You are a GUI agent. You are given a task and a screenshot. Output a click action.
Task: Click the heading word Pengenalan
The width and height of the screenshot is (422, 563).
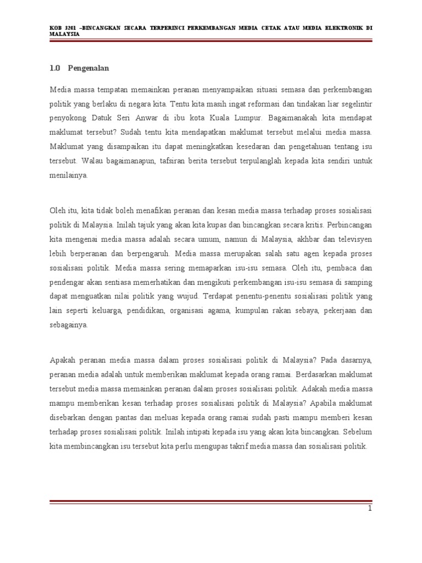(x=88, y=68)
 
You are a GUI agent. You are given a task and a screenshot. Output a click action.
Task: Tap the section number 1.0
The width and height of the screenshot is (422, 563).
(x=54, y=68)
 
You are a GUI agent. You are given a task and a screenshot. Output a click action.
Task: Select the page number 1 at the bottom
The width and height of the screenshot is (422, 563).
(x=370, y=509)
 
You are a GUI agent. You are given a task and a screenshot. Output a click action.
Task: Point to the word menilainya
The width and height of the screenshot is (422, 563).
(x=68, y=175)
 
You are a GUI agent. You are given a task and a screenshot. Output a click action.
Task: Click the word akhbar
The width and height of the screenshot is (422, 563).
(x=314, y=239)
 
